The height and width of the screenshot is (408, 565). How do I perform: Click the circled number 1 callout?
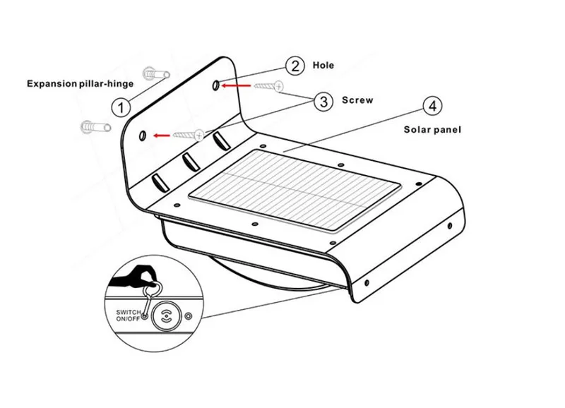coord(121,107)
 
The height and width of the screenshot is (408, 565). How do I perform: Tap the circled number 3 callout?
coord(323,102)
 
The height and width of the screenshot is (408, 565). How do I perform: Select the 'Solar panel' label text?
coord(432,129)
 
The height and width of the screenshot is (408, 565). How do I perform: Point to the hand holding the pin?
coord(145,273)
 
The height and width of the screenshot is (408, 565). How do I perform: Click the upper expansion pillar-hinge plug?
coord(153,73)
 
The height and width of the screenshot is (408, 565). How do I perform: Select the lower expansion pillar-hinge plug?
coord(95,127)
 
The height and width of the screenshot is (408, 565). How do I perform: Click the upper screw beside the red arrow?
coord(268,85)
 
